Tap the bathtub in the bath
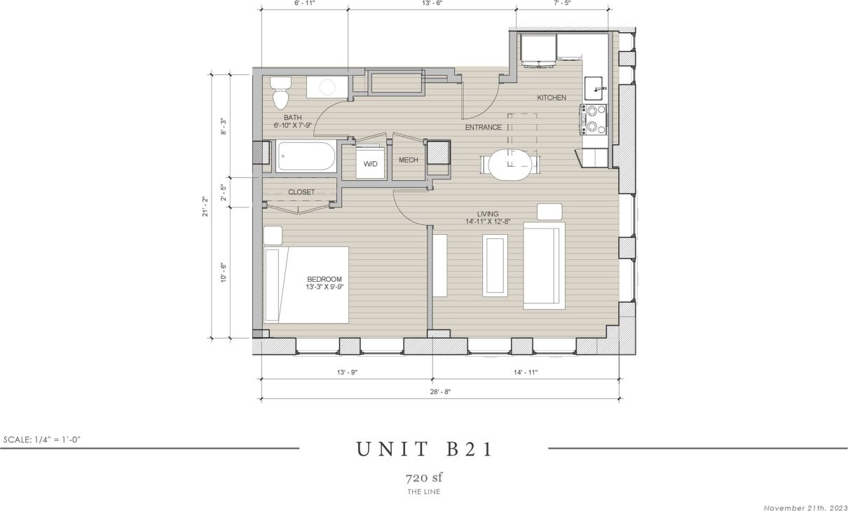[306, 156]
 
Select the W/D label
[370, 163]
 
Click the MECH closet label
[408, 161]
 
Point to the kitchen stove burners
[592, 119]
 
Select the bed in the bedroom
[306, 285]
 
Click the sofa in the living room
[544, 266]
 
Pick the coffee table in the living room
[495, 266]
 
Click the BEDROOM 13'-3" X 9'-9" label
[324, 282]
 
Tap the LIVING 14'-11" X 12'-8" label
[488, 218]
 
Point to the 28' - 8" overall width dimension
[440, 392]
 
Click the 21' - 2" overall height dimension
[203, 205]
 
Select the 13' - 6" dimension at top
[432, 4]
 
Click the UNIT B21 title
[424, 449]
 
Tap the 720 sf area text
[424, 478]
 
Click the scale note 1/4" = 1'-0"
[43, 440]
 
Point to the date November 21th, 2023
[804, 507]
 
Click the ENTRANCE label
[484, 128]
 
